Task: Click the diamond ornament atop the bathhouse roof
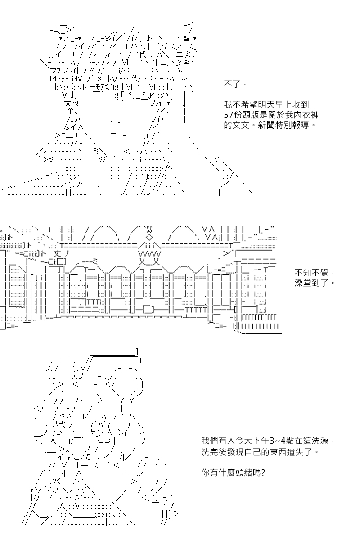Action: [149, 237]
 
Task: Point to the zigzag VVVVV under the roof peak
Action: [149, 254]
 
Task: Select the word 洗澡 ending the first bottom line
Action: [320, 441]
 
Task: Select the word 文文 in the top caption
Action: [241, 125]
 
